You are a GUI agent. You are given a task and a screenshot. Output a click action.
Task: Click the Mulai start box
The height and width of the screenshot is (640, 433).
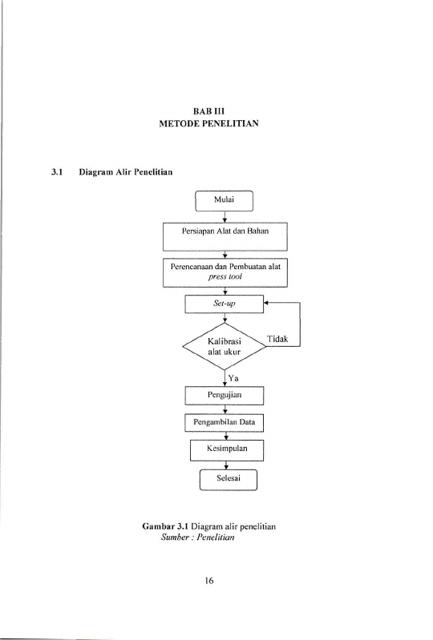pos(224,201)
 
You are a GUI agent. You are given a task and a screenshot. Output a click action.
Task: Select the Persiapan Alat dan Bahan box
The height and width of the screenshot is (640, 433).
pos(225,237)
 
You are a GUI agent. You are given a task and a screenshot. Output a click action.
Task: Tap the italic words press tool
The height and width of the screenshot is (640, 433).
pos(225,276)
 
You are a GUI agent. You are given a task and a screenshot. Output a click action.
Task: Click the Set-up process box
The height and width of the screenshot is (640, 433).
pos(225,304)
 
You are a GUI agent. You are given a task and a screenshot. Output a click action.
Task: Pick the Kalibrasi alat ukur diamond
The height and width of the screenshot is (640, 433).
pos(225,347)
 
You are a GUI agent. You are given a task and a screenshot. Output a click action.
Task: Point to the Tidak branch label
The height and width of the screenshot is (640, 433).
pos(277,339)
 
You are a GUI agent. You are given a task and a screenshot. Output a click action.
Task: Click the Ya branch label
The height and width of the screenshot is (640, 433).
pos(233,378)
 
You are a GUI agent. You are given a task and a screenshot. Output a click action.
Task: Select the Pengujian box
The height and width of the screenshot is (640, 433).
pos(225,396)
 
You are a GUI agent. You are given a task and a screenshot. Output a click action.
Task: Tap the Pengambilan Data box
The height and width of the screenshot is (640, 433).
pos(224,422)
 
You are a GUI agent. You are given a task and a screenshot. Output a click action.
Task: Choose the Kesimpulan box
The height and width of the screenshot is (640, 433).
pos(227,450)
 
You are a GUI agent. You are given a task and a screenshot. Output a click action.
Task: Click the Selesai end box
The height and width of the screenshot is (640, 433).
pos(229,480)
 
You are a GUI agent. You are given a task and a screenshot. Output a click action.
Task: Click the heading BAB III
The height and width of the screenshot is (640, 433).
pos(208,111)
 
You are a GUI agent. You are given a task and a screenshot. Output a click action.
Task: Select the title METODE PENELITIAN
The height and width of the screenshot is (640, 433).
pos(208,123)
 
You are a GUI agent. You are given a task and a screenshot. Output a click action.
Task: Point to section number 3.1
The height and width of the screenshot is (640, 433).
pos(56,172)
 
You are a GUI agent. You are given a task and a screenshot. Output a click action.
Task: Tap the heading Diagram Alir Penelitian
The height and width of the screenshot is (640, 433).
pos(126,172)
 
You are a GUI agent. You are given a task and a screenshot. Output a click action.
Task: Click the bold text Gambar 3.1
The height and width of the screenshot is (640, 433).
pos(165,526)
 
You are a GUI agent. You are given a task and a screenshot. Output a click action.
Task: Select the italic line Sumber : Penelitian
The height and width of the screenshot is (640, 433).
pos(198,537)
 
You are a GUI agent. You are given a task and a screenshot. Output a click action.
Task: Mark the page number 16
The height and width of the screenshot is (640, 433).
pos(208,581)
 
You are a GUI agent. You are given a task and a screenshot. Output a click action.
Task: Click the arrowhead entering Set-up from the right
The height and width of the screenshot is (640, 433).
pos(266,303)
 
